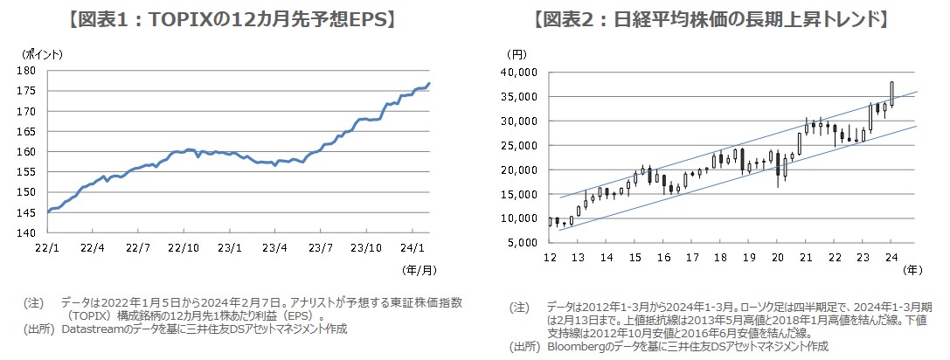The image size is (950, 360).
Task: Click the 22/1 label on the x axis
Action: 47,247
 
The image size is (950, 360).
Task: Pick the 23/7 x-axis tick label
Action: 322,247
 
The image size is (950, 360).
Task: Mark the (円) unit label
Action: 517,54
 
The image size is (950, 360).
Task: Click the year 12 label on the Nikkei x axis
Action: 550,258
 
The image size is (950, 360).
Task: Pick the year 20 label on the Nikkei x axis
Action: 778,258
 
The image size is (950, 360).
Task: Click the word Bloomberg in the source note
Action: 578,346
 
